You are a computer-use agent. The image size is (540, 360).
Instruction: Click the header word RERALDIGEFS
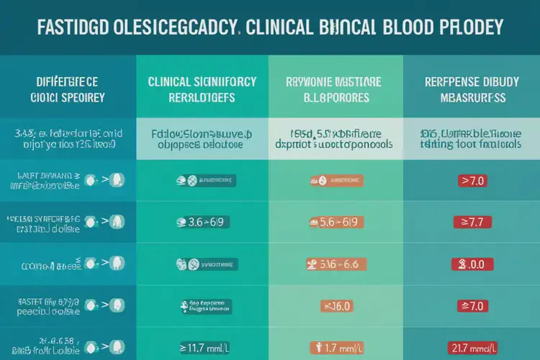coord(202,97)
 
